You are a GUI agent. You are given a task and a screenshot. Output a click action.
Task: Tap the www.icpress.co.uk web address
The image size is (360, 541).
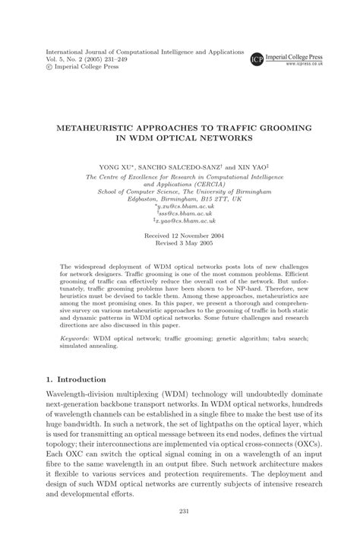(307, 65)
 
